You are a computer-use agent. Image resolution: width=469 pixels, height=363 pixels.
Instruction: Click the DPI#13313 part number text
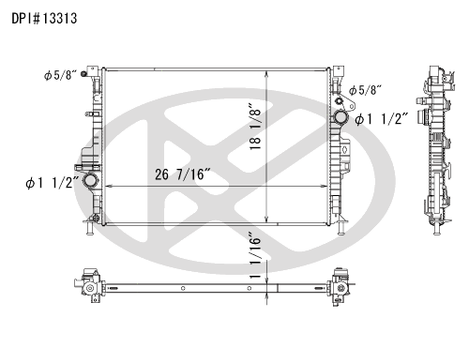(44, 19)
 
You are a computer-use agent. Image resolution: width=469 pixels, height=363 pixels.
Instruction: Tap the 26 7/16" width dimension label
(183, 174)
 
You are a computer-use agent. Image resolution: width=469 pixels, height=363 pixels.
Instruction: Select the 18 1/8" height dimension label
(255, 126)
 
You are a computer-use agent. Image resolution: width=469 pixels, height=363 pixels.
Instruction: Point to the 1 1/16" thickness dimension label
(255, 255)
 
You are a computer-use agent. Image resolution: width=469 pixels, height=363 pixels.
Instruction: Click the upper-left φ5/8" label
(60, 75)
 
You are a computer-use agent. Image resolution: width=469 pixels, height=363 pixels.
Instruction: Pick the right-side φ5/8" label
(366, 90)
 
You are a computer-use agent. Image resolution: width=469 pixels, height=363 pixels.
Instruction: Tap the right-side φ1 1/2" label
(382, 119)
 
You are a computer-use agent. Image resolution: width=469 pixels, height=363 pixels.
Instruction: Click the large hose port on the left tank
(91, 181)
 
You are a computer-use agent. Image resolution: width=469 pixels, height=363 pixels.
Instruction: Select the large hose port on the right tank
(340, 117)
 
